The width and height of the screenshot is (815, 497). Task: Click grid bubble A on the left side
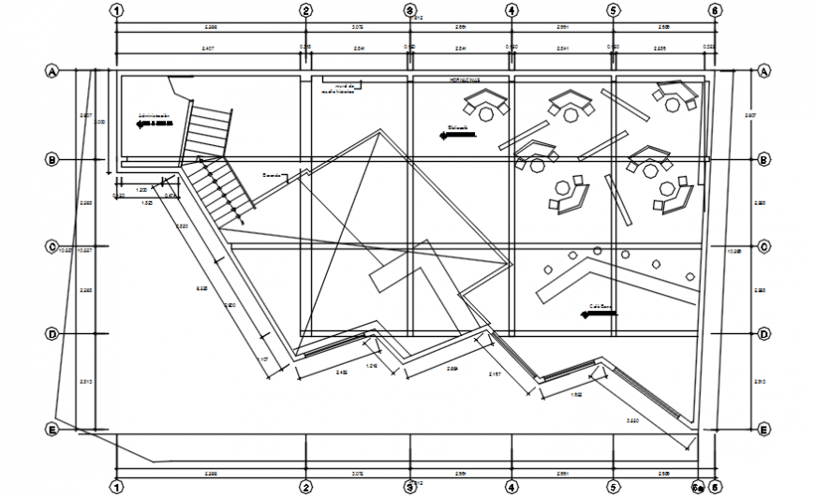(52, 71)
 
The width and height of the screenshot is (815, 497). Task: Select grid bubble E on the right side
(764, 430)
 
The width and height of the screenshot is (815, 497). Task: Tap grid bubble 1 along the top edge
(116, 10)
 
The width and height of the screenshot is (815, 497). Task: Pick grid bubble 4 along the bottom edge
(511, 487)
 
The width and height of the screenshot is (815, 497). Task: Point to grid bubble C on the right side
(764, 247)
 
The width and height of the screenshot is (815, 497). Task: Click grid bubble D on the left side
(52, 334)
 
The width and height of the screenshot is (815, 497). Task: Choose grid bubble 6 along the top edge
(714, 10)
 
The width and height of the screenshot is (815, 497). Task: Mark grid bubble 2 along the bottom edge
(305, 487)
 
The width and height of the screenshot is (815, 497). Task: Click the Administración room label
(156, 117)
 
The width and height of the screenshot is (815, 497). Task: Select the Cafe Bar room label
(600, 306)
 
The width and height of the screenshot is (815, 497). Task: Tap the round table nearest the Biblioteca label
(485, 113)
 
